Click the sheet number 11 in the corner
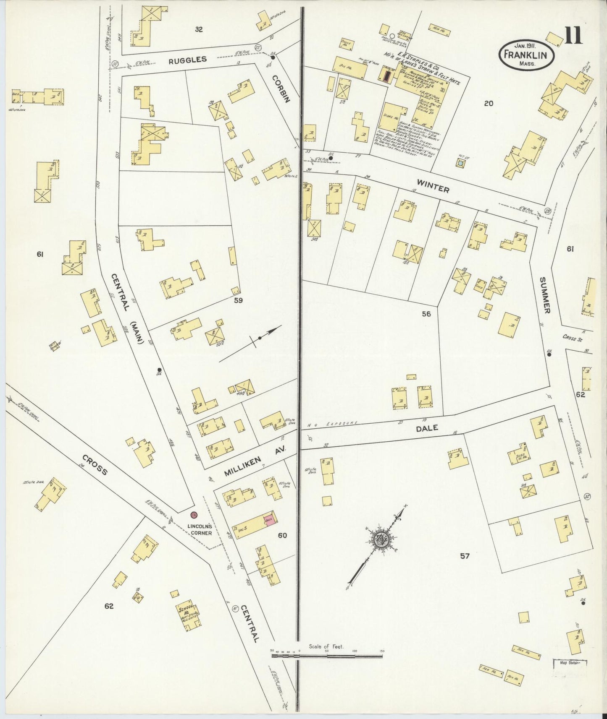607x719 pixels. [573, 35]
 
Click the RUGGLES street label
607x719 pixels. [188, 60]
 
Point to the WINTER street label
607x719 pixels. [433, 187]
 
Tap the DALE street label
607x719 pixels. [427, 428]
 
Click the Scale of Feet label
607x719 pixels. [326, 646]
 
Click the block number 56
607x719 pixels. [426, 314]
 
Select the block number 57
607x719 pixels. [464, 556]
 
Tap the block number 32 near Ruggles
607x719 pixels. [199, 29]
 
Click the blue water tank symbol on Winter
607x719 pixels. [461, 162]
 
